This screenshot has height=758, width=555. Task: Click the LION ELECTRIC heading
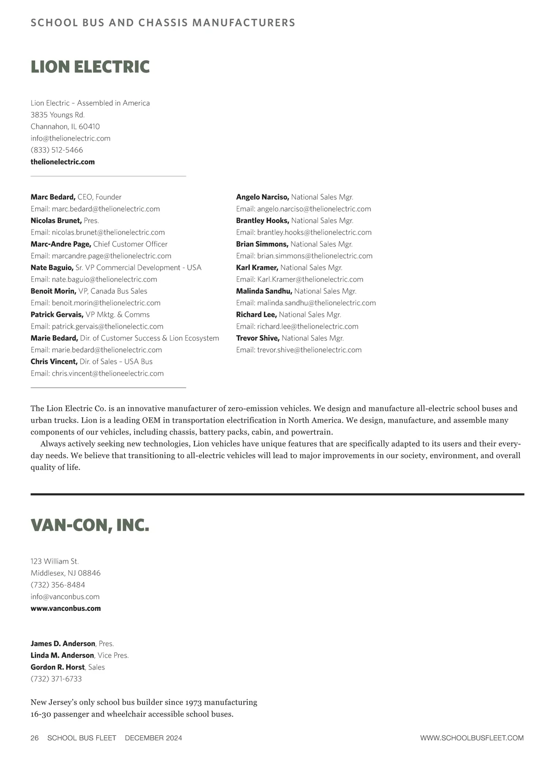[90, 67]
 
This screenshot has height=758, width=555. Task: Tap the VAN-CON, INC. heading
[90, 525]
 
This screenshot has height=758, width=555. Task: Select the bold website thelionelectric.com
[62, 162]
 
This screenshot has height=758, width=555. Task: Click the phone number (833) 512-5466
[57, 150]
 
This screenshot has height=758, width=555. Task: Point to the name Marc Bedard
[53, 197]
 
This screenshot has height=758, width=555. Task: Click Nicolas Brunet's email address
[108, 232]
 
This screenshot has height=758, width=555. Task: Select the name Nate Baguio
[52, 267]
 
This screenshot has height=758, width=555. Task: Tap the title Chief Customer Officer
[130, 244]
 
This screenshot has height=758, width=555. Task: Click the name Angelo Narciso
[262, 197]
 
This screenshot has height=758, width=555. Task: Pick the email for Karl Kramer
[310, 280]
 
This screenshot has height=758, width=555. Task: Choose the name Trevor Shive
[258, 338]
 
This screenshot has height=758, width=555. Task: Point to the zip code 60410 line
[65, 127]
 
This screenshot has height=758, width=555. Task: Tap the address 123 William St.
[55, 561]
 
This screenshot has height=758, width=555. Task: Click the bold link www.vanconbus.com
[66, 609]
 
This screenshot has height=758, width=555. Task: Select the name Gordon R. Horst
[58, 667]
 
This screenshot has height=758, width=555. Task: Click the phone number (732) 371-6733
[56, 679]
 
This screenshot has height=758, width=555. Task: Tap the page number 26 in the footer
[35, 738]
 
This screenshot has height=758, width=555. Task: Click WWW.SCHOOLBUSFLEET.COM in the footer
[472, 738]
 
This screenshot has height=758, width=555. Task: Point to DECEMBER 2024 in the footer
[154, 738]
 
